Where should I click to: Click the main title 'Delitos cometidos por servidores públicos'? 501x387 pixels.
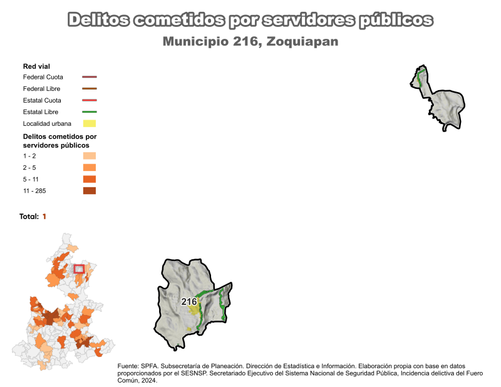[x=250, y=20]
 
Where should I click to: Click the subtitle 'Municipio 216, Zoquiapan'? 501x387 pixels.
[x=250, y=42]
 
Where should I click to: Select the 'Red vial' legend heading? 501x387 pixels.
[x=36, y=66]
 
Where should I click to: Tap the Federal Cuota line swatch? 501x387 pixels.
[x=90, y=77]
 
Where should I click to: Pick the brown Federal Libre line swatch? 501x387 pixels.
[x=90, y=89]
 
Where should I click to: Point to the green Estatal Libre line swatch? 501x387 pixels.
[x=90, y=111]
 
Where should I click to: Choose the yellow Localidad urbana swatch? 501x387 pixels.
[x=90, y=123]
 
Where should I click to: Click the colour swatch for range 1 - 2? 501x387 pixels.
[x=90, y=156]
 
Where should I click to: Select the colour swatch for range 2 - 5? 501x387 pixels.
[x=90, y=168]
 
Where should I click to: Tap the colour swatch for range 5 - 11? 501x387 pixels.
[x=90, y=179]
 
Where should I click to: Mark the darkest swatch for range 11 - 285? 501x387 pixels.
[x=90, y=191]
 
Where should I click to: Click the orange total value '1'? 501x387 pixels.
[x=44, y=216]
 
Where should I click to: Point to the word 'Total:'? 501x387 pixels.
[x=29, y=216]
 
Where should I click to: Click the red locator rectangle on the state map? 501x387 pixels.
[x=79, y=269]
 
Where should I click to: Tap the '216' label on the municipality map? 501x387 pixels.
[x=189, y=301]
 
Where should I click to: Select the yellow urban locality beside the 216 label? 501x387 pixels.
[x=195, y=310]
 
